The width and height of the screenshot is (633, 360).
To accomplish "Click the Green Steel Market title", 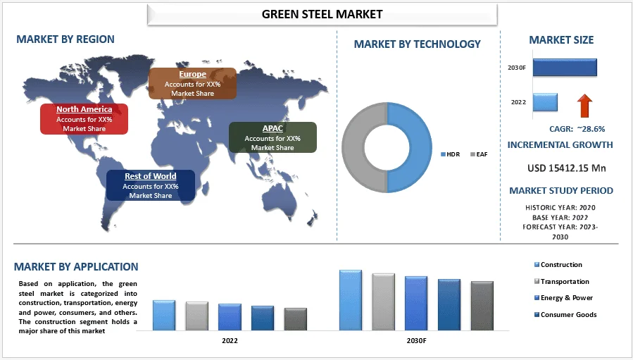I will pyautogui.click(x=322, y=14).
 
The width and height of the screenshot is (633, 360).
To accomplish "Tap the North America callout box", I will pyautogui.click(x=84, y=118).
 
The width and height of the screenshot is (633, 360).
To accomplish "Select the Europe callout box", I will pyautogui.click(x=192, y=83).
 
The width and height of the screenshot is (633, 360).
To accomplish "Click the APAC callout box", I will pyautogui.click(x=272, y=137).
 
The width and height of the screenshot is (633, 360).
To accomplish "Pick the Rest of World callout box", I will pyautogui.click(x=150, y=185).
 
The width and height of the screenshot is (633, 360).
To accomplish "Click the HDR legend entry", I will pyautogui.click(x=451, y=154).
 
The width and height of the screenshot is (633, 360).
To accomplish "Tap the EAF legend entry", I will pyautogui.click(x=481, y=154).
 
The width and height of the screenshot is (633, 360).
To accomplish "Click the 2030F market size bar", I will pyautogui.click(x=565, y=67).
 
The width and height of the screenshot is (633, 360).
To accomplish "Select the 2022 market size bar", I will pyautogui.click(x=545, y=102).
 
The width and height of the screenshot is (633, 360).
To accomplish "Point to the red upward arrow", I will pyautogui.click(x=584, y=106).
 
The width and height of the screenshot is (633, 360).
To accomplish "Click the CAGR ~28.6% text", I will pyautogui.click(x=577, y=129).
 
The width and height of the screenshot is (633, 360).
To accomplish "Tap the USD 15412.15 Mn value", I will pyautogui.click(x=567, y=168).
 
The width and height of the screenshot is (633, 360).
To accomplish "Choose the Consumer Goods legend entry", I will pyautogui.click(x=567, y=315).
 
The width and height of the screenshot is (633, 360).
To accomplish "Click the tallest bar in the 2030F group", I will pyautogui.click(x=350, y=300).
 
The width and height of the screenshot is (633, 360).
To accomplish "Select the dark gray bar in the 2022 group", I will pyautogui.click(x=295, y=319).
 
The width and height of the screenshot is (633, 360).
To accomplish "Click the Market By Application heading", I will pyautogui.click(x=76, y=267).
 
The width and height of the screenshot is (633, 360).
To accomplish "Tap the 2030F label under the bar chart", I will pyautogui.click(x=415, y=340).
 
